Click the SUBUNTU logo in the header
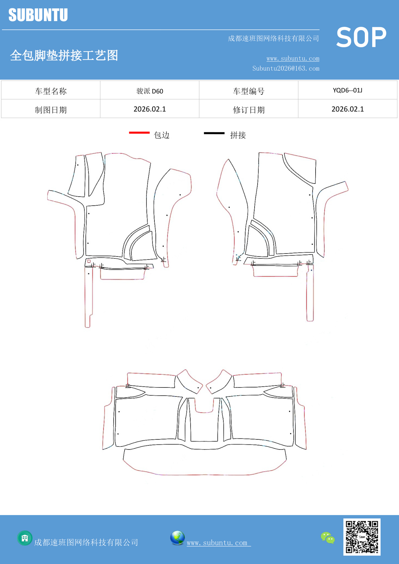click(x=38, y=15)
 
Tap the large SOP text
click(x=361, y=37)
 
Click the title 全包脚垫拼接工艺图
click(x=64, y=55)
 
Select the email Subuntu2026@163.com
click(x=286, y=68)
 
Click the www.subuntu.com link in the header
click(x=293, y=58)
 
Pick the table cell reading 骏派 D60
click(x=150, y=91)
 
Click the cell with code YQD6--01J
click(x=348, y=90)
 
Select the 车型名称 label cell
click(x=51, y=91)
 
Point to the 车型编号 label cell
click(x=249, y=91)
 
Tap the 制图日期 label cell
click(x=51, y=110)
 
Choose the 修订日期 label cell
click(x=249, y=110)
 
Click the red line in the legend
click(x=139, y=133)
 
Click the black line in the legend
click(x=214, y=133)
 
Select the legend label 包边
click(x=161, y=135)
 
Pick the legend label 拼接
click(x=238, y=135)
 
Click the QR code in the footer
click(x=362, y=537)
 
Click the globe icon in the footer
click(x=177, y=538)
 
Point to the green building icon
click(x=25, y=538)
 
